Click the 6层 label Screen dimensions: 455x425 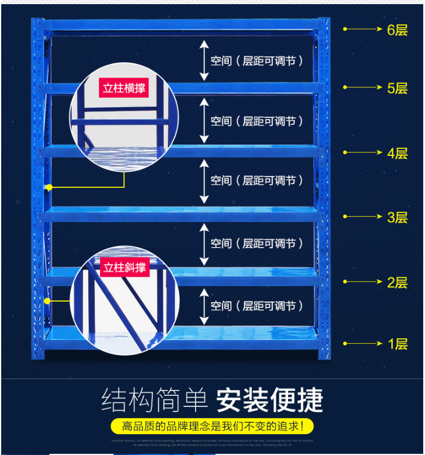point(397,29)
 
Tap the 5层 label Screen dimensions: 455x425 point(397,88)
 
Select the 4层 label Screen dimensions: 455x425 point(397,153)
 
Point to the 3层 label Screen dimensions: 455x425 point(397,217)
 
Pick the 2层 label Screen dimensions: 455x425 point(397,282)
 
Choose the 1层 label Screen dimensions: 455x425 point(397,344)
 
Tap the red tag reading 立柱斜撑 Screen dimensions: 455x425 point(124,267)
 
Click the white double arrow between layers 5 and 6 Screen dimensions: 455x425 point(204,60)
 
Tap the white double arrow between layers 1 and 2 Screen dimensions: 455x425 point(204,306)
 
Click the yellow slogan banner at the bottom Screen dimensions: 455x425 point(212,426)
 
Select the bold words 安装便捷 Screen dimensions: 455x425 point(269,400)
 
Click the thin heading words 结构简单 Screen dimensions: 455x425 point(154,400)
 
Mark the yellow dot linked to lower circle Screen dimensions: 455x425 point(49,301)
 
